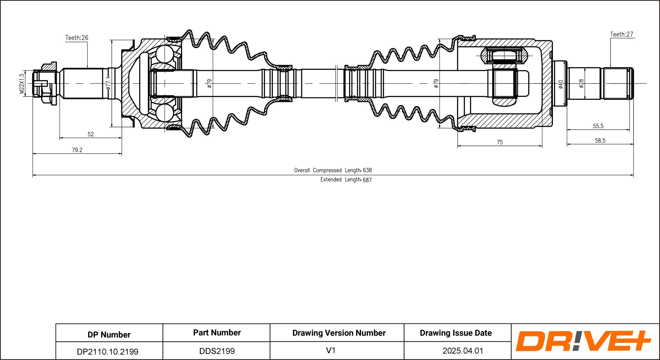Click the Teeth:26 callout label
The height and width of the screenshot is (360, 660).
pos(77,38)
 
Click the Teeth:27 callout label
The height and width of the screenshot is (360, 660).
pos(621,34)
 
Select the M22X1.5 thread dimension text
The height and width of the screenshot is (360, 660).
pos(22,83)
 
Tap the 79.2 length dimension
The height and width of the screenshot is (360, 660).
pos(77,150)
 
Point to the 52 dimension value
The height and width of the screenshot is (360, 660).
pos(91,134)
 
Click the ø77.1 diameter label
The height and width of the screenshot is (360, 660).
pos(108,83)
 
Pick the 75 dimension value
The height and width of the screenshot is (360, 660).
pos(500,142)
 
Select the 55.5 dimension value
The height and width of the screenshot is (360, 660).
pos(598,126)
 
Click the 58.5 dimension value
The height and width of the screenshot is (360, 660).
pos(600,141)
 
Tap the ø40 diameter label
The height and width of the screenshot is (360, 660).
pos(561,84)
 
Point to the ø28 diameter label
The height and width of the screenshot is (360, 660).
pos(581,83)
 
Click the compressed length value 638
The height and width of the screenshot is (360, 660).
pos(367,170)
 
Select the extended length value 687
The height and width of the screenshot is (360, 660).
pos(367,180)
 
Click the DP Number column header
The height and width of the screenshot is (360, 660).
pos(109,335)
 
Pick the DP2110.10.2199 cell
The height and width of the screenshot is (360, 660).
pos(107,352)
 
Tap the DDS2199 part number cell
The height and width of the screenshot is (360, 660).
pos(217,351)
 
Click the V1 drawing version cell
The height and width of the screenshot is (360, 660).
pos(331,350)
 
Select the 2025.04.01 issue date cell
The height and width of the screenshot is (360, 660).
pos(463,351)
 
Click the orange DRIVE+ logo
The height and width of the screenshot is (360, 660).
pos(583,341)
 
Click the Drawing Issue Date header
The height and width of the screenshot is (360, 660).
pos(456,333)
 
